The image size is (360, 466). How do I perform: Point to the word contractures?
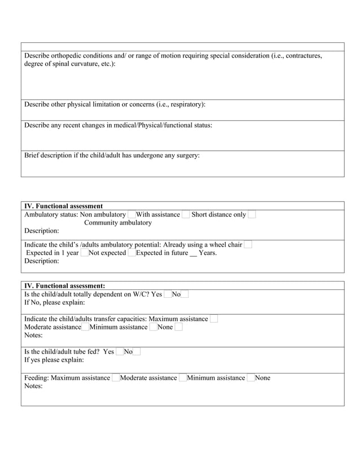[x=303, y=56]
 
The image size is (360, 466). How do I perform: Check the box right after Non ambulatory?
[x=131, y=214]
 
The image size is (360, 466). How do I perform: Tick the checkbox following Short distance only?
[x=252, y=214]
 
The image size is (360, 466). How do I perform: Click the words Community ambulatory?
[x=118, y=223]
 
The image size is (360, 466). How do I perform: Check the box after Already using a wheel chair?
[x=248, y=245]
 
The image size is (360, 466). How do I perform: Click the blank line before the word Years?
[x=194, y=253]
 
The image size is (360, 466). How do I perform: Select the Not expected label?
[x=107, y=253]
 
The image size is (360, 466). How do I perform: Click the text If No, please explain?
[x=55, y=303]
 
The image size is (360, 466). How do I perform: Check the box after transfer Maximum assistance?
[x=214, y=319]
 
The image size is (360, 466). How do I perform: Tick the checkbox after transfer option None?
[x=178, y=327]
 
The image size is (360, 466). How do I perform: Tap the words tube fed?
[x=89, y=351]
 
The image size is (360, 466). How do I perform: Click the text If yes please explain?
[x=54, y=360]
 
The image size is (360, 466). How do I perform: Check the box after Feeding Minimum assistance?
[x=251, y=378]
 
